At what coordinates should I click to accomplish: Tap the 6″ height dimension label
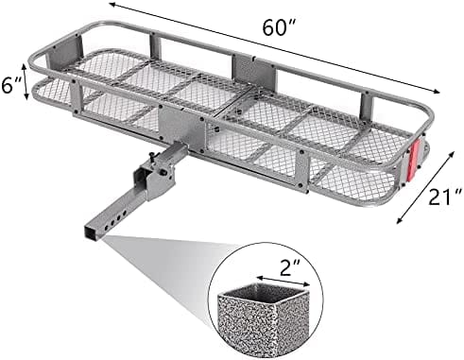pos(10,85)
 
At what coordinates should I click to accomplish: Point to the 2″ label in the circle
pos(285,267)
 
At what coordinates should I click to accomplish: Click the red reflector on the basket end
pos(413,161)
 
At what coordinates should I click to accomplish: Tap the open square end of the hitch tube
pos(91,232)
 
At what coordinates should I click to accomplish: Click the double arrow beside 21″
pos(425,188)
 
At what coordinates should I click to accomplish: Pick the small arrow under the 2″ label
pos(283,282)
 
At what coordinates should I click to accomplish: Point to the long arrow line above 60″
pos(274,47)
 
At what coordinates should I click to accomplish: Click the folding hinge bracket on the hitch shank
pos(154,180)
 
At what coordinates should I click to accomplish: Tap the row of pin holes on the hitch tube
pos(115,221)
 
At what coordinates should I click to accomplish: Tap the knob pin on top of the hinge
pos(154,156)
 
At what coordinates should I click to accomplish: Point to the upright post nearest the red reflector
pos(367,106)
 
